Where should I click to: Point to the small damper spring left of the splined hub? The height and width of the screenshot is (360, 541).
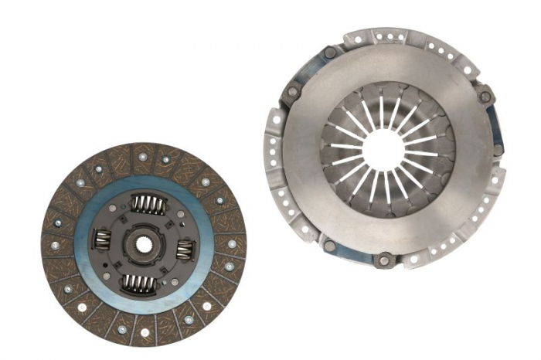[x=102, y=243]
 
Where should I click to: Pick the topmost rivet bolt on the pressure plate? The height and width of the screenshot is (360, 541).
[x=330, y=53]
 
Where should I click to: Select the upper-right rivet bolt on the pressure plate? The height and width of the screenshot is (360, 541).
[x=485, y=97]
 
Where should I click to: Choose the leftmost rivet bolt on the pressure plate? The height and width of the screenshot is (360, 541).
[x=292, y=92]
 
